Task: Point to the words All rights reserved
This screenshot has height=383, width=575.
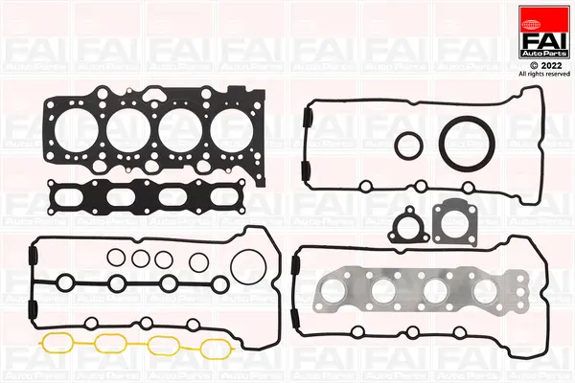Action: pos(542,74)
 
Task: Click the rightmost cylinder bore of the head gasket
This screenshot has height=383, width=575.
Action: pos(236,127)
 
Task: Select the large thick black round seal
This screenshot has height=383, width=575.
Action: pos(464,144)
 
